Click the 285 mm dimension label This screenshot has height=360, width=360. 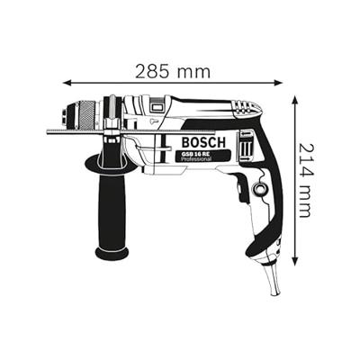click(x=173, y=72)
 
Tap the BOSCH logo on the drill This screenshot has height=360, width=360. click(x=203, y=142)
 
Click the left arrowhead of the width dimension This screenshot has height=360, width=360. click(x=66, y=83)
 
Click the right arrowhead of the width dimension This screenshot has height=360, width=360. click(x=279, y=83)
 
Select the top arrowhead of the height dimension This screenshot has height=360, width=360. click(x=295, y=100)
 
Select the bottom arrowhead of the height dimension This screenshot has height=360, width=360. click(x=295, y=260)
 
